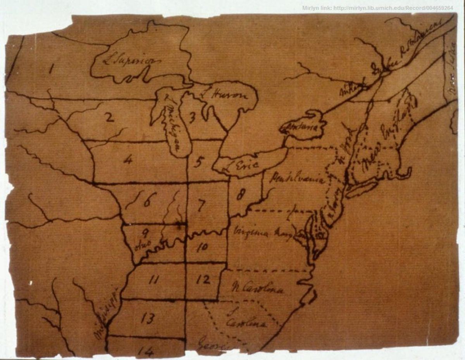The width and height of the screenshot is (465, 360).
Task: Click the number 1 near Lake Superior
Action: (51, 70)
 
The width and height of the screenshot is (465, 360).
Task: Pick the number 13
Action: (147, 319)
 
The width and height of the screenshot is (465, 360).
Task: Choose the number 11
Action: (154, 280)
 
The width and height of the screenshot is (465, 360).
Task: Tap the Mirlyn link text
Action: (377, 8)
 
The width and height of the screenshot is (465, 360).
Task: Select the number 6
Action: (148, 200)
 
